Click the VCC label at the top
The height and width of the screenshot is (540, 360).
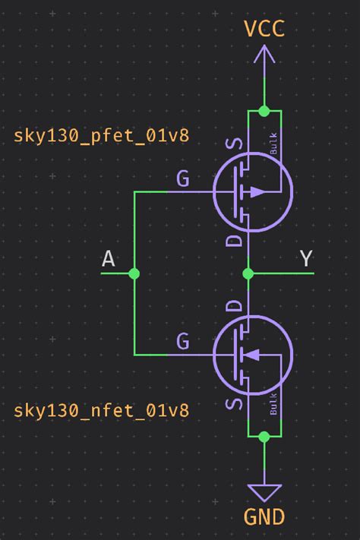264,29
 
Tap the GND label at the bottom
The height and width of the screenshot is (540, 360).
264,518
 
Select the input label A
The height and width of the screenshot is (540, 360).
109,259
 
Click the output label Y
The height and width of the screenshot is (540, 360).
306,259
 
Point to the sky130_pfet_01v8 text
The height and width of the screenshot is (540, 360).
101,136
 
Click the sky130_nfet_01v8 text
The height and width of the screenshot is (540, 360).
101,411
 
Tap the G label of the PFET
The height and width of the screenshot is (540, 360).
183,179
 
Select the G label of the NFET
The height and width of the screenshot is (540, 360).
183,342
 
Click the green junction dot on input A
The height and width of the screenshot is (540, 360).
134,273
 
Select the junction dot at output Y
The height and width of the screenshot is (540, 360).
248,273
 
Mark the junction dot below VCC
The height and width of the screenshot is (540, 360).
264,111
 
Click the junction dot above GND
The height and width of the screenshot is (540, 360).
264,437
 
